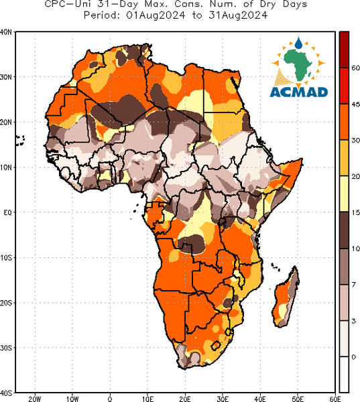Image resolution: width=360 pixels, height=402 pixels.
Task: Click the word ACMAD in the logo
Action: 299,92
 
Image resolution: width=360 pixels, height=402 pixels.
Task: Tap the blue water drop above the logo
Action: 298,44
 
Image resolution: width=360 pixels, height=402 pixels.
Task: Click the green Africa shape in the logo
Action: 298,64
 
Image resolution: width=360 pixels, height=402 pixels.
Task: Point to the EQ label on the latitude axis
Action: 7,212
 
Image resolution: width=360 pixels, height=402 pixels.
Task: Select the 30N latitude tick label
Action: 5,77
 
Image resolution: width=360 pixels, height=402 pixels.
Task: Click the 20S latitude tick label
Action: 5,303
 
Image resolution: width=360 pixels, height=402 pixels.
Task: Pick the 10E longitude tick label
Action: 147,399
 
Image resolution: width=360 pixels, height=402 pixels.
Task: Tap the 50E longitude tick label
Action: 298,399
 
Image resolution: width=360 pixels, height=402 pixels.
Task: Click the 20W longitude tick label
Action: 35,399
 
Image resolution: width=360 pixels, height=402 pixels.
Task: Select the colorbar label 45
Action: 355,105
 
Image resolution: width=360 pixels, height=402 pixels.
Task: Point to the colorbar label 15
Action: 355,212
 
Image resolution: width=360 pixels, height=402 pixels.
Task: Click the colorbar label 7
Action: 354,285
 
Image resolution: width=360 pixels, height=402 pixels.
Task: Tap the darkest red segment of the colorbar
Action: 344,50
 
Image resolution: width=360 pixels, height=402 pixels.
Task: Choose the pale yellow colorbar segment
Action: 344,194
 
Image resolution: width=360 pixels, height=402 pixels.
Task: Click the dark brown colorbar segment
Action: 344,230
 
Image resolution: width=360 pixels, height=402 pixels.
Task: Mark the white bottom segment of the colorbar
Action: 344,374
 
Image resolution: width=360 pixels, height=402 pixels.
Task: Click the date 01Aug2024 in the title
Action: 156,15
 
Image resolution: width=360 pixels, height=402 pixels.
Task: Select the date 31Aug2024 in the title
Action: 238,15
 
